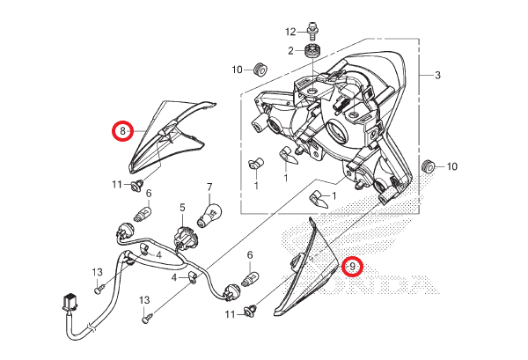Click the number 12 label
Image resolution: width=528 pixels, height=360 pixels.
point(290,32)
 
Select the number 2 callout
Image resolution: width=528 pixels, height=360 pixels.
point(290,51)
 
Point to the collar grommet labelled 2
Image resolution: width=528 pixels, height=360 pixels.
point(312,51)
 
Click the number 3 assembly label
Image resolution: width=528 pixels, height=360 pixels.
point(437,75)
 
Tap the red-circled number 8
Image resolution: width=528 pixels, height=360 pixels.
point(122,130)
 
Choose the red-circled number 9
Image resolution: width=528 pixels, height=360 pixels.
point(352,266)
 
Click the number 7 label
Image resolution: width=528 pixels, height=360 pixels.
point(209,187)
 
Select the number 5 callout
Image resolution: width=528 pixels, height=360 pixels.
point(182,208)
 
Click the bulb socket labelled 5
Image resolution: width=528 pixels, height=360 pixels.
point(182,237)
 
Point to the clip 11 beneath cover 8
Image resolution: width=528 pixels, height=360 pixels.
point(138,185)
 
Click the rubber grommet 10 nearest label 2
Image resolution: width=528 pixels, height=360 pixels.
point(260,69)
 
